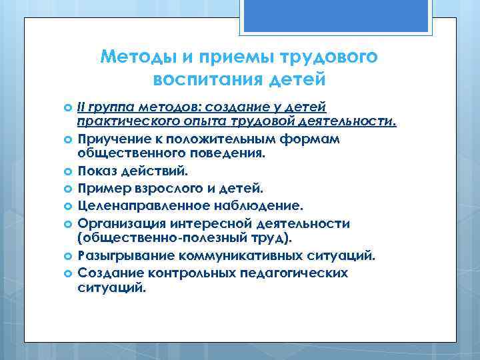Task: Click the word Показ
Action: click(x=96, y=171)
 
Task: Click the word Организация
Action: click(x=116, y=223)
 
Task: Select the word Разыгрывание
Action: click(x=117, y=255)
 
